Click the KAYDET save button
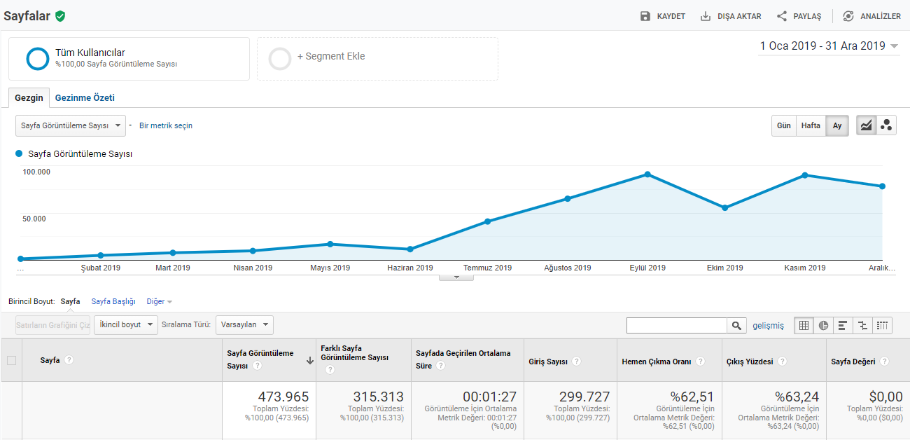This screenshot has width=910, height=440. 663,16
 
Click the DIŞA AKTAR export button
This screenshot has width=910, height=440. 731,16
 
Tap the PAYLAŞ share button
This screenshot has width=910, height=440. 799,16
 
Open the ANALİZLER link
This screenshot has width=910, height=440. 871,16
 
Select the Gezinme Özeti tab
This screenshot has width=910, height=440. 85,97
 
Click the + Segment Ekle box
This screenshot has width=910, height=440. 377,59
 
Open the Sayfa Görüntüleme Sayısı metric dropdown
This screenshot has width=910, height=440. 71,125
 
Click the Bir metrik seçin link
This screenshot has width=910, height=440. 166,125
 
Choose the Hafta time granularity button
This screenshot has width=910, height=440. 811,125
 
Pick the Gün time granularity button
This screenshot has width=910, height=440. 784,125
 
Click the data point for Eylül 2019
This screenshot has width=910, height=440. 647,174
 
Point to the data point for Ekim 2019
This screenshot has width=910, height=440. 724,208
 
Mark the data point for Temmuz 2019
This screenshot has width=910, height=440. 487,221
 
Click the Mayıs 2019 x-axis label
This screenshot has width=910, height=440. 330,268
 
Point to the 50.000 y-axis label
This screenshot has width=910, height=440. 34,219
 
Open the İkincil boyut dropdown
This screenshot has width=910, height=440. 126,325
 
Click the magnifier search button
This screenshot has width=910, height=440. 736,325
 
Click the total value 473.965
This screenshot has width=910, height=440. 283,397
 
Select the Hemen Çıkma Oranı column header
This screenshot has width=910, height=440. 657,362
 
